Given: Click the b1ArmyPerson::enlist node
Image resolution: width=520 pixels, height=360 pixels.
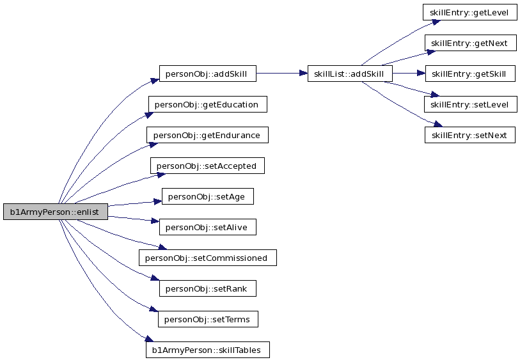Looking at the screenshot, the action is [x=56, y=212].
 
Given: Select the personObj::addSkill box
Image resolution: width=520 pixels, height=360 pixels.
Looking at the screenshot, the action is [x=208, y=74].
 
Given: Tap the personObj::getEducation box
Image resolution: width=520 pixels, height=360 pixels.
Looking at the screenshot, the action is [x=208, y=104].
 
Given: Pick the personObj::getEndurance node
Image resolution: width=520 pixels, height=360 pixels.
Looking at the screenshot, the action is [x=208, y=135].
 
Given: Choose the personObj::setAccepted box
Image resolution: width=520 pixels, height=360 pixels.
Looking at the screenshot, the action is [x=208, y=166].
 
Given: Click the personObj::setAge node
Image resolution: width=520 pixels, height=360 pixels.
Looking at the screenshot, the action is [x=208, y=196].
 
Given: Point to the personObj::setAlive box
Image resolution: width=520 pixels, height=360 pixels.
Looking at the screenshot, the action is [x=208, y=227].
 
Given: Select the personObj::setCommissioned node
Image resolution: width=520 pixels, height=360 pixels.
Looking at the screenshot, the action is [x=208, y=258].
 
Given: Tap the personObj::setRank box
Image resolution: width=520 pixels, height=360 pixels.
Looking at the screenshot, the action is [x=208, y=288].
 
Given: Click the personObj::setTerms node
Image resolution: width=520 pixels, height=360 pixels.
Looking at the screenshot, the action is [x=208, y=319].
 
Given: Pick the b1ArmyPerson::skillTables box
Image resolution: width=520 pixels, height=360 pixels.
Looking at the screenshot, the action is [x=208, y=350].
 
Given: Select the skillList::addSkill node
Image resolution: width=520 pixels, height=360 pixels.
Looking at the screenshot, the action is [x=350, y=74].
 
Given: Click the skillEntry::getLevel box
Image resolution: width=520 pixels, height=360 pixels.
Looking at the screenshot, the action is [x=470, y=12].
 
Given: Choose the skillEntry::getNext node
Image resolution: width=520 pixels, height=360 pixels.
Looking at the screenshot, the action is [x=471, y=43].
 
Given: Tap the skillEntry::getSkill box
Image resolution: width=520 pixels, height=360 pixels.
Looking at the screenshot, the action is [x=470, y=74].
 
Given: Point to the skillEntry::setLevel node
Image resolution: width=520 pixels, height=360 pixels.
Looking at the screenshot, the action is [x=471, y=104].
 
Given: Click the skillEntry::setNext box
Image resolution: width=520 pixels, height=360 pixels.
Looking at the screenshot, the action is [x=470, y=135].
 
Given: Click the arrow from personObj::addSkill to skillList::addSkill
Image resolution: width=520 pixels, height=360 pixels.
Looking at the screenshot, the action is [x=282, y=74].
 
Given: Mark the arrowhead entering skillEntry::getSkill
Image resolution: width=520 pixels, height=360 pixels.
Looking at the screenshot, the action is [x=421, y=74].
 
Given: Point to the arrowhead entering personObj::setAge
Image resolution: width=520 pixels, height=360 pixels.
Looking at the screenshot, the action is [x=157, y=201].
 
